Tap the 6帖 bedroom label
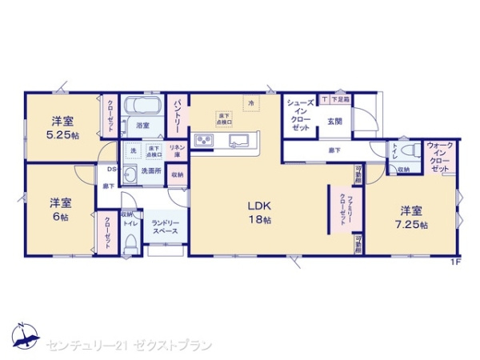[54, 209]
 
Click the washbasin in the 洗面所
[130, 170]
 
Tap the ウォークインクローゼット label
[440, 157]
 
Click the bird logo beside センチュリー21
[26, 337]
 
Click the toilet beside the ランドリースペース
[130, 243]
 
